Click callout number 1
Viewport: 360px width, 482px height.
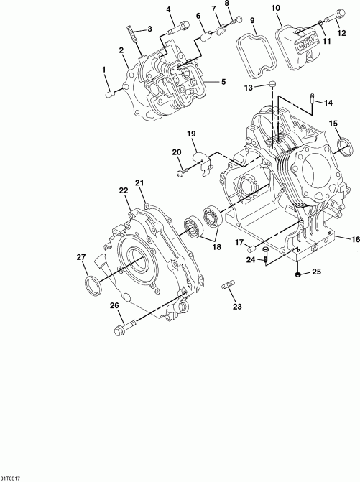[104, 69]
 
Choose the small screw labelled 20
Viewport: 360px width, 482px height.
[182, 171]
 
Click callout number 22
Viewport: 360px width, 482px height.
[124, 190]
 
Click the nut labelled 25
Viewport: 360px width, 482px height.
[296, 274]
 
